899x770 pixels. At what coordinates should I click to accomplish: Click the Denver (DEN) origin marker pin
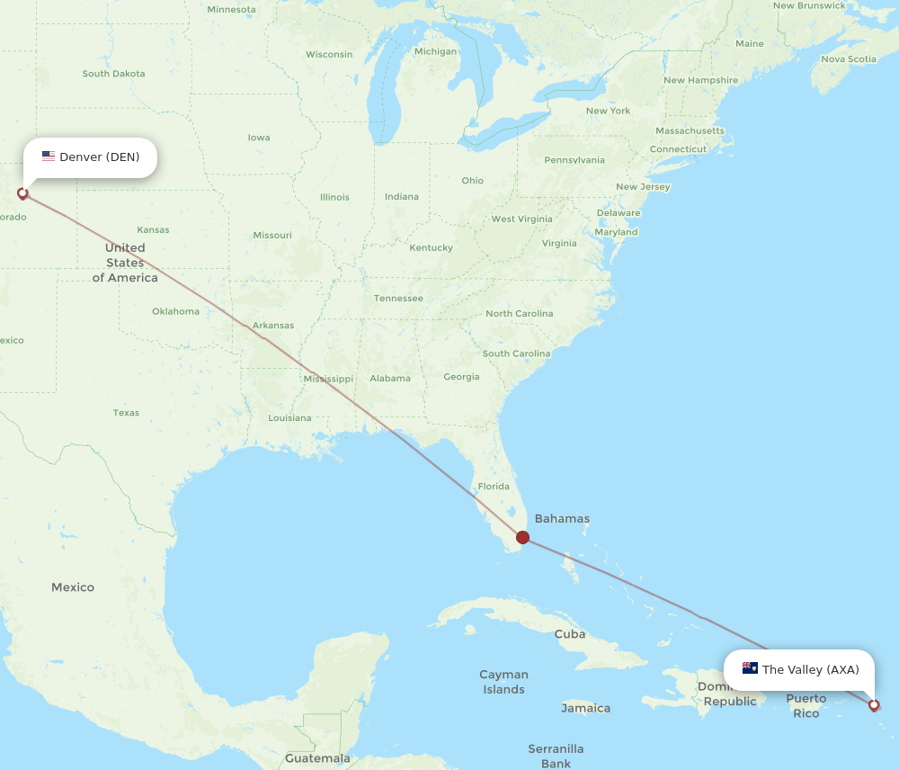pyautogui.click(x=22, y=192)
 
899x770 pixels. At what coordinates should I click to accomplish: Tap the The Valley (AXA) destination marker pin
pyautogui.click(x=874, y=705)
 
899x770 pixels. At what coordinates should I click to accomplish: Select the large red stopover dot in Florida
pyautogui.click(x=522, y=538)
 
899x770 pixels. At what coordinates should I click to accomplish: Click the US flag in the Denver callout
pyautogui.click(x=49, y=157)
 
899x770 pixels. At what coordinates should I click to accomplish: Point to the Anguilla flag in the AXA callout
pyautogui.click(x=750, y=668)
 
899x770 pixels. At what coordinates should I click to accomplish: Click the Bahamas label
pyautogui.click(x=562, y=518)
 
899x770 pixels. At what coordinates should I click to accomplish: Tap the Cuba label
pyautogui.click(x=569, y=633)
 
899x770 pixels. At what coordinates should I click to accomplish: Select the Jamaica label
pyautogui.click(x=585, y=708)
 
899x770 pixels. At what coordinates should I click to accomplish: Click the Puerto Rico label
pyautogui.click(x=806, y=705)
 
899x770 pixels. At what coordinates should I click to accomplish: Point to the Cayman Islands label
pyautogui.click(x=503, y=682)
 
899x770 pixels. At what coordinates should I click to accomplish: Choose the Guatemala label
pyautogui.click(x=317, y=758)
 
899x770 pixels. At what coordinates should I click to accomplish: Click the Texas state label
pyautogui.click(x=126, y=413)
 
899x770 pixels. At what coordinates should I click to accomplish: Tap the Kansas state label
pyautogui.click(x=153, y=229)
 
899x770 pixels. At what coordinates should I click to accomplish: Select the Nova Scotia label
pyautogui.click(x=848, y=59)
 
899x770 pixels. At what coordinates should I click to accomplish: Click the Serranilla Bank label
pyautogui.click(x=556, y=756)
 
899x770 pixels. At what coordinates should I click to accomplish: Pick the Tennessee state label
pyautogui.click(x=398, y=298)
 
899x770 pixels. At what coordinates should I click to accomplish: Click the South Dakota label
pyautogui.click(x=113, y=74)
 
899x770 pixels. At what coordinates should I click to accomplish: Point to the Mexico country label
pyautogui.click(x=73, y=587)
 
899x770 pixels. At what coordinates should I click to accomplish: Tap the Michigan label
pyautogui.click(x=435, y=51)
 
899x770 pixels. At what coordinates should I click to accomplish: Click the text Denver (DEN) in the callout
pyautogui.click(x=100, y=157)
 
